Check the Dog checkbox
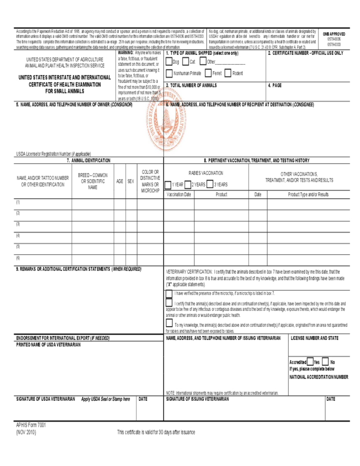pos(170,62)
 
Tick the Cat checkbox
pos(185,62)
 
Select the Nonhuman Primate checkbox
pos(170,74)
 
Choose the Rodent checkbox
pos(228,74)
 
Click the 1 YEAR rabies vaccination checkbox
pos(169,184)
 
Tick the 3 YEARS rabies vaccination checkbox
pos(211,184)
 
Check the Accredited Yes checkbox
pos(310,362)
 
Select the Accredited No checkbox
pos(325,362)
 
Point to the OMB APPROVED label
pos(334,34)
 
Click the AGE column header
pos(120,181)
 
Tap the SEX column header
pos(131,181)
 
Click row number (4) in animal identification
pos(18,235)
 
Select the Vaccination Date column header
pos(179,195)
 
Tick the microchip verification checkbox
pos(169,293)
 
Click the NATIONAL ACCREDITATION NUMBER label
pos(318,377)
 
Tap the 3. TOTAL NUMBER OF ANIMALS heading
pos(191,85)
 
